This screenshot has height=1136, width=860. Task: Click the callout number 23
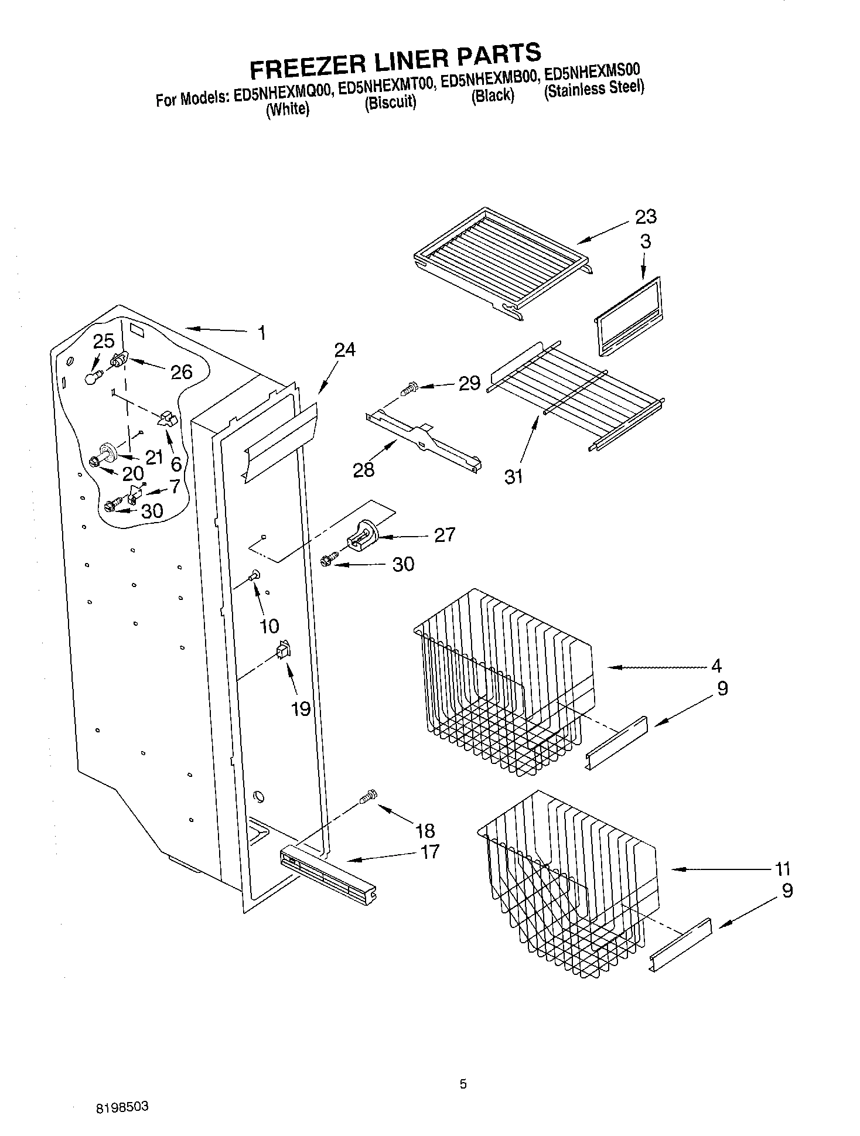tap(646, 217)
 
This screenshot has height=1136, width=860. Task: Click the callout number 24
tap(344, 350)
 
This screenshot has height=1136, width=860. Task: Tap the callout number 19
tap(301, 709)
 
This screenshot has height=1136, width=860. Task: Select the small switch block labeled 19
tap(284, 650)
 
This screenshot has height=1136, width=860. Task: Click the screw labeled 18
tap(368, 797)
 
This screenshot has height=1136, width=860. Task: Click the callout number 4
tap(716, 666)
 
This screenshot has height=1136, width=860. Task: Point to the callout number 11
tap(782, 868)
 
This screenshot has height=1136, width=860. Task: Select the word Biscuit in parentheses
tap(390, 102)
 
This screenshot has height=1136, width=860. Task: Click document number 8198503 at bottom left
tap(122, 1107)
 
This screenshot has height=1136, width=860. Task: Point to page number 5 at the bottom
tap(463, 1084)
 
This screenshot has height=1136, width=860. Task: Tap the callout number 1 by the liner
tap(261, 333)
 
